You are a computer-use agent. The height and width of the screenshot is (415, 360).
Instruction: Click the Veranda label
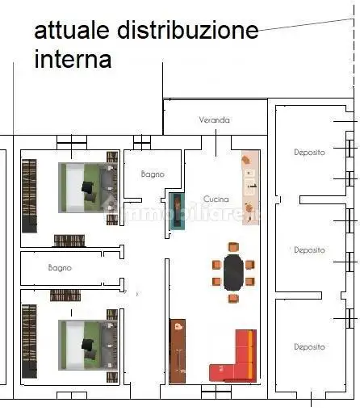[x=214, y=120]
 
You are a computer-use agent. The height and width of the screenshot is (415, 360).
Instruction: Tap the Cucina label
[x=216, y=199]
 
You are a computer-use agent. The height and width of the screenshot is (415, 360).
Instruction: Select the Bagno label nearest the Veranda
[x=152, y=174]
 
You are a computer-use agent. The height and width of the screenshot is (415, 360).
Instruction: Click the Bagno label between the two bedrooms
[x=60, y=267]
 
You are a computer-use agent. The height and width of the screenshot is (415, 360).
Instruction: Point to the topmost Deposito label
[x=309, y=152]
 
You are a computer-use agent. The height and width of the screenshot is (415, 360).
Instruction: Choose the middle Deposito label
[x=309, y=250]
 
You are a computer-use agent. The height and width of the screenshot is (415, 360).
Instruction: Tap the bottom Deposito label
[x=309, y=347]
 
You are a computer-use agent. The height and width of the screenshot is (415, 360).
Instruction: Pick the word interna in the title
[x=73, y=59]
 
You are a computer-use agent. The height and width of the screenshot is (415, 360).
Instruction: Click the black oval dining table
[x=233, y=272]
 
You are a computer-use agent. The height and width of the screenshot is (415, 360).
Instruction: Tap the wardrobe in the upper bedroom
[x=29, y=193]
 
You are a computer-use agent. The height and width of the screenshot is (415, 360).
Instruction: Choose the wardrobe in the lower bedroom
[x=29, y=339]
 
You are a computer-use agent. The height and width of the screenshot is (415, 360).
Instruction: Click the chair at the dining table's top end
[x=233, y=247]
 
